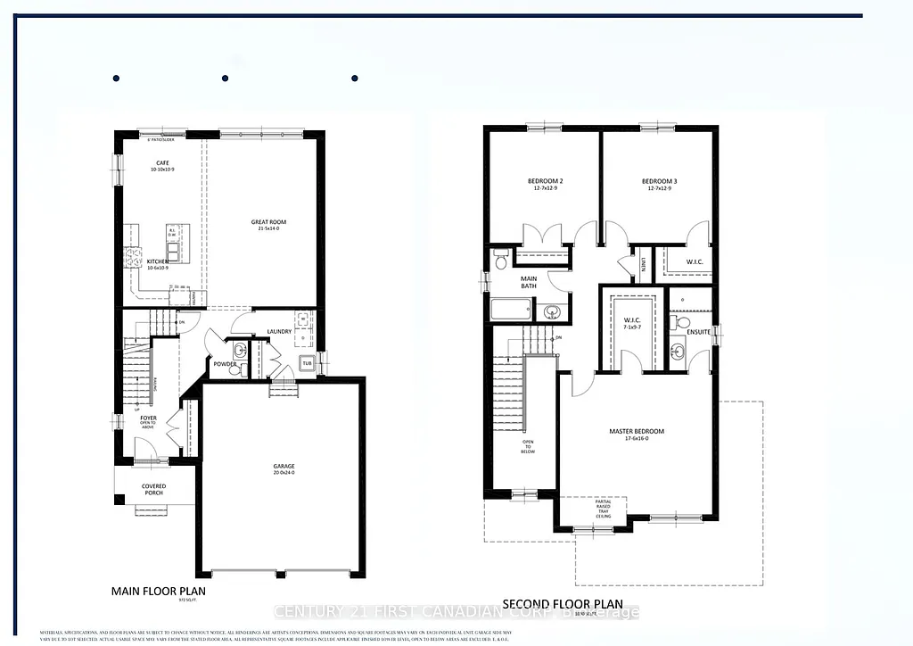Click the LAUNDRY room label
point(280,333)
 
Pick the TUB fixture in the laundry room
point(307,364)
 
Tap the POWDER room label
point(224,363)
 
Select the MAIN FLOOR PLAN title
point(162,591)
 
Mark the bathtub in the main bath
point(511,311)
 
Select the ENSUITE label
point(698,332)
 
